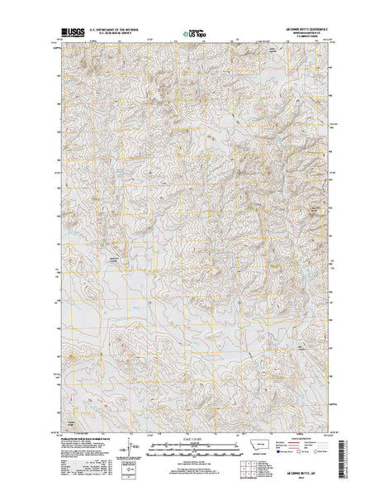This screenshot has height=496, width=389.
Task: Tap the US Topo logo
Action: click(x=195, y=35)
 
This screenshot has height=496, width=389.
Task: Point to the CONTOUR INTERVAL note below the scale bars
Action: click(x=195, y=463)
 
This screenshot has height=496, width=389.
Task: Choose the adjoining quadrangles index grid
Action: click(x=249, y=470)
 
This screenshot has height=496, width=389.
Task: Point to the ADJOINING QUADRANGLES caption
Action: click(x=249, y=483)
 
